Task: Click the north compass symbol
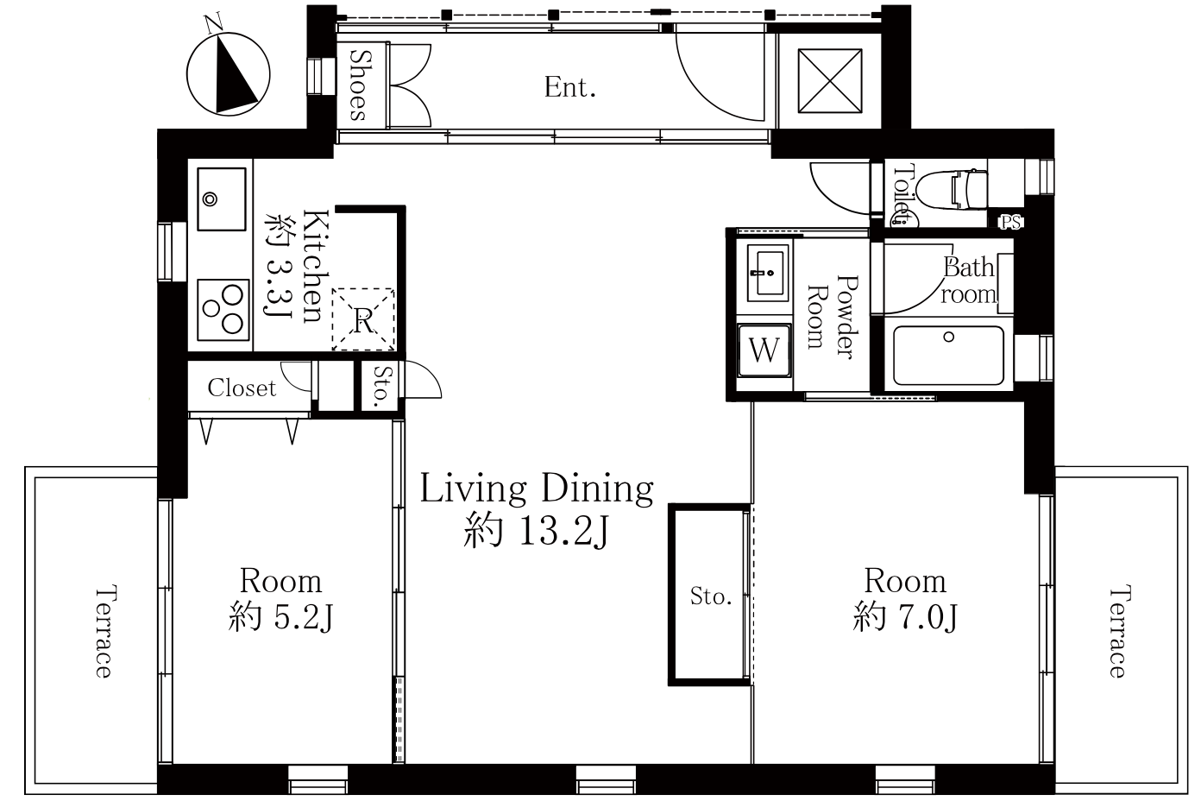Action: point(229,73)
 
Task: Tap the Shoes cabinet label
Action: point(360,85)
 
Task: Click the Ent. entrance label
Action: point(570,87)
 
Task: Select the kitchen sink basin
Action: point(222,199)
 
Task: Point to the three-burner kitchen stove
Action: point(223,310)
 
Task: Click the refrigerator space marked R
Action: point(363,319)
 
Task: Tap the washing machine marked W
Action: point(764,350)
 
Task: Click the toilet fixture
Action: point(952,190)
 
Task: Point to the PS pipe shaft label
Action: point(1010,222)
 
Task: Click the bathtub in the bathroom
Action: point(948,355)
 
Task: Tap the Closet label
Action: point(242,388)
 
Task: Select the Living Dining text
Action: point(537,489)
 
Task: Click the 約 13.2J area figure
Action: point(537,530)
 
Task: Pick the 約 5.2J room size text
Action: point(281,616)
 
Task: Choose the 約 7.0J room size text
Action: point(905,616)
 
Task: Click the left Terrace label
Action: point(104,633)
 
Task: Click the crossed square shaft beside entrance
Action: point(830,81)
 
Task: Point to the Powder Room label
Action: point(833,317)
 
